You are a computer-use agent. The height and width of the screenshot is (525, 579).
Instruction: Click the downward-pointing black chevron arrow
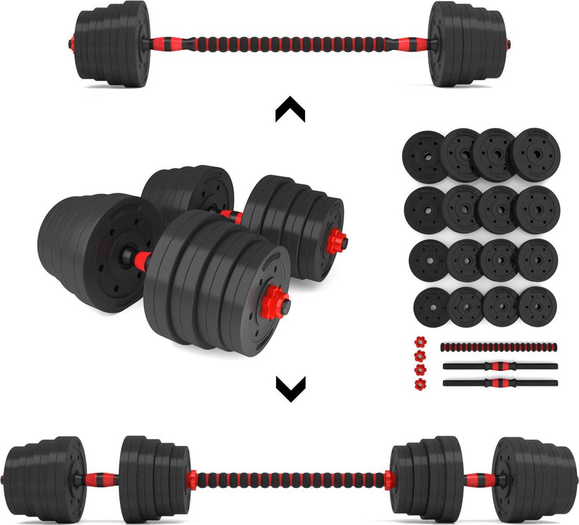pyautogui.click(x=290, y=389)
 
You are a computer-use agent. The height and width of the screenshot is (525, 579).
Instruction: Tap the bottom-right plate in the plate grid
pyautogui.click(x=537, y=306)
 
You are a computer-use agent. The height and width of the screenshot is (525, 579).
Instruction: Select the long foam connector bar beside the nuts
pyautogui.click(x=499, y=347)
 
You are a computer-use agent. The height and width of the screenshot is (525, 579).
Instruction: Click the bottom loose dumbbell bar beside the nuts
pyautogui.click(x=500, y=383)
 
